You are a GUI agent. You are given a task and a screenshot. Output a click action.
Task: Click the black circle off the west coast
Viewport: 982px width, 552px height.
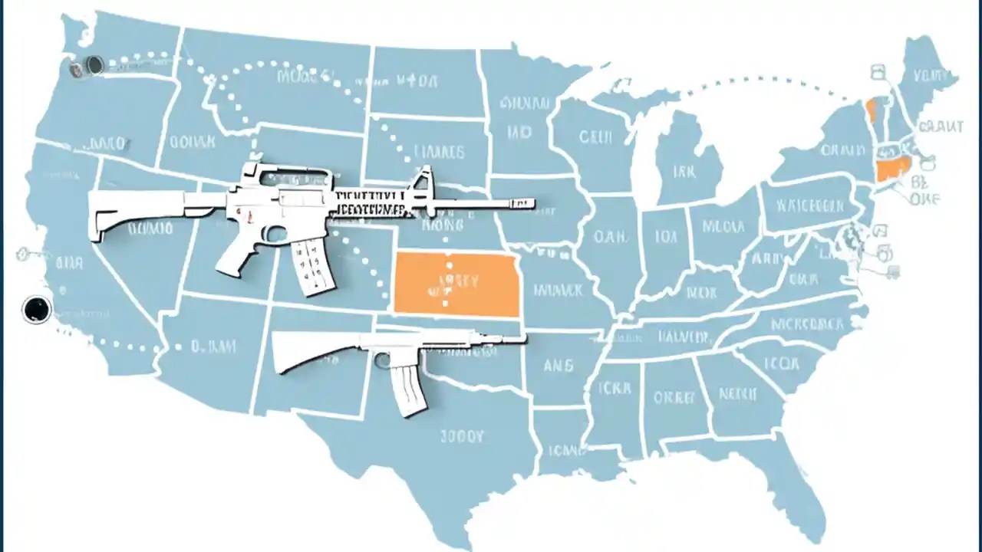(36, 309)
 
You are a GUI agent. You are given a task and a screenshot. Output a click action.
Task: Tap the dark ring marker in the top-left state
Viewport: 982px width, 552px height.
(94, 65)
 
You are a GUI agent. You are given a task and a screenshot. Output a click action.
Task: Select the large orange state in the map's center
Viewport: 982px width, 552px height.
(456, 284)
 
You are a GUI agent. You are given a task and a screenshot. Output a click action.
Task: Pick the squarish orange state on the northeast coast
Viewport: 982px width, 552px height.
(892, 169)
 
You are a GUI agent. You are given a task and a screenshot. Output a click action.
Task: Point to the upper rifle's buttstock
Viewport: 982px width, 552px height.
(130, 213)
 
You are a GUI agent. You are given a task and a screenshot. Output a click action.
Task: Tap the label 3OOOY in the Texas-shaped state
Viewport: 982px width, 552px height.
(463, 436)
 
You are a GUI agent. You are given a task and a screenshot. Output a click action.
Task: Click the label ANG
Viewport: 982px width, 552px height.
(558, 366)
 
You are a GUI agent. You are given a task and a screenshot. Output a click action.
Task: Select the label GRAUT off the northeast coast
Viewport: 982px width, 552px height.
(940, 127)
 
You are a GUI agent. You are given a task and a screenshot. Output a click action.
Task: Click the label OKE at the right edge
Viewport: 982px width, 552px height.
(927, 200)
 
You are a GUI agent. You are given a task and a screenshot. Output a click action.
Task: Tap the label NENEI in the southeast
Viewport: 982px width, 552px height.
(739, 394)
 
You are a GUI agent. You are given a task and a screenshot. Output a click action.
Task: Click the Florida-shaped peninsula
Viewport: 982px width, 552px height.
(798, 491)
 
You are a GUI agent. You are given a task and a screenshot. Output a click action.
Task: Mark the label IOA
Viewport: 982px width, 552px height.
(662, 238)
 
